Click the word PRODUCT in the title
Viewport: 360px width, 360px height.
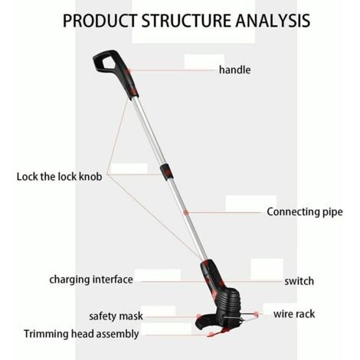100,21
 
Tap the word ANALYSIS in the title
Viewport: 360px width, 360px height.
273,21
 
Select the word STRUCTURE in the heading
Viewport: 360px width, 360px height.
186,21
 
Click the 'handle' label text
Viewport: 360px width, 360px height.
235,70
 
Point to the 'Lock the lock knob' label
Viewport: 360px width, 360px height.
59,176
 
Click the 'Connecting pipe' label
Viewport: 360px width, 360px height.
305,212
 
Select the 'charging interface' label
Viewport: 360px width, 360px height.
91,280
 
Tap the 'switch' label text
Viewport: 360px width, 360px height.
299,281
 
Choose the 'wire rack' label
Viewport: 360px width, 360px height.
294,314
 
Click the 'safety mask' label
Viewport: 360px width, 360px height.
116,316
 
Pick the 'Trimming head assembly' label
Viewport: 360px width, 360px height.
81,334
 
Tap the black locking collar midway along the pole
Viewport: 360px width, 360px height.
166,172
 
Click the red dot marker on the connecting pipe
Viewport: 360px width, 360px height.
186,212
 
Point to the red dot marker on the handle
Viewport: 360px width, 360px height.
129,70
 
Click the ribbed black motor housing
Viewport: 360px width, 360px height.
228,300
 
